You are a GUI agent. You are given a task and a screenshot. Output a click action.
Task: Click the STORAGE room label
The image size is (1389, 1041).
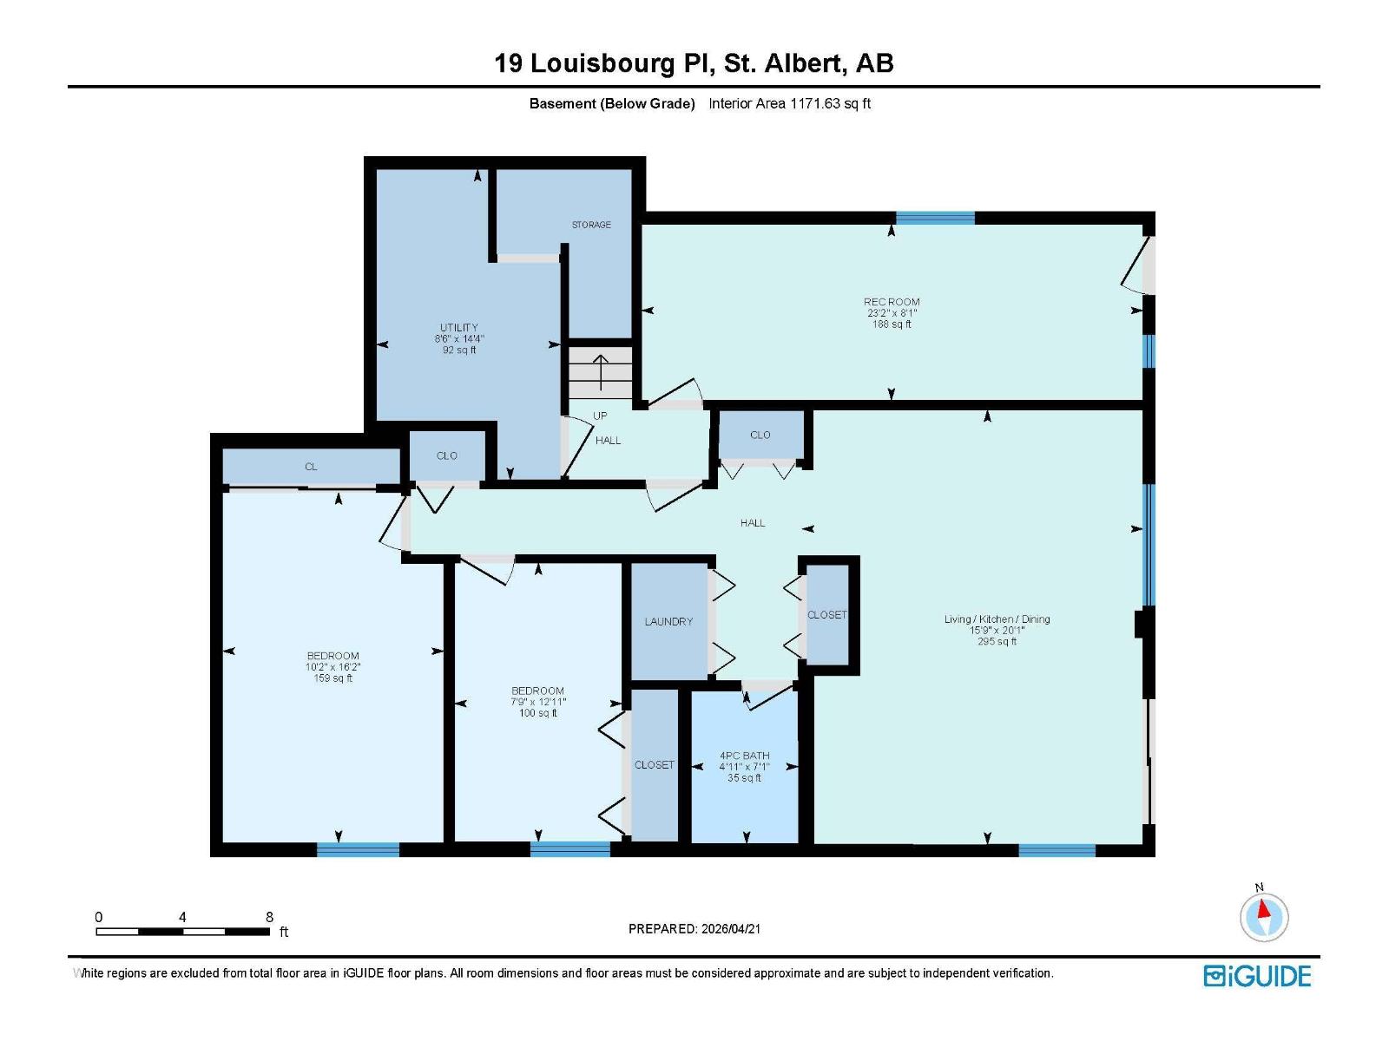[591, 225]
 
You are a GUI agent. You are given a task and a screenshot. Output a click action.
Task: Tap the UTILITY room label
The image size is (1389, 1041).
[458, 327]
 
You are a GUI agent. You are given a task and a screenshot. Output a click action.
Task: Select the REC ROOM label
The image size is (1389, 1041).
[891, 302]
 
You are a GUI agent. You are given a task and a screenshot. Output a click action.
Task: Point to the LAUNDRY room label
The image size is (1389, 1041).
[668, 621]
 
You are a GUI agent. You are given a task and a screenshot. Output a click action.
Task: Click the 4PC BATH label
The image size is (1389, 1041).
[744, 756]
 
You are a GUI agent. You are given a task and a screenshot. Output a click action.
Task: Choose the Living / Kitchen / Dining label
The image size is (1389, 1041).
[997, 619]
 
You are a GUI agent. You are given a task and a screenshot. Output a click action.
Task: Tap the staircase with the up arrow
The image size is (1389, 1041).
[600, 372]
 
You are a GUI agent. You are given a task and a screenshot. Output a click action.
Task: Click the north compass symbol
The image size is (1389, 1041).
[1264, 916]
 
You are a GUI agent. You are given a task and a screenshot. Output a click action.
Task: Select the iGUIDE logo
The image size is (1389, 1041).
[1257, 976]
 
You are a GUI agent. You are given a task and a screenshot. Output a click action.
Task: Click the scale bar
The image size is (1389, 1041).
[183, 931]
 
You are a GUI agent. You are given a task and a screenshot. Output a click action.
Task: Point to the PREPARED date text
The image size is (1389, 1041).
[694, 928]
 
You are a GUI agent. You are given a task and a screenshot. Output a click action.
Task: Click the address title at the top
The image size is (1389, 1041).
[694, 63]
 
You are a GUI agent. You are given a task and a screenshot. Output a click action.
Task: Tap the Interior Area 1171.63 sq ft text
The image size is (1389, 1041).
[789, 103]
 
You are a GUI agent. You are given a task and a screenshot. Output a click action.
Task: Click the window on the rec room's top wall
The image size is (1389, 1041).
[935, 218]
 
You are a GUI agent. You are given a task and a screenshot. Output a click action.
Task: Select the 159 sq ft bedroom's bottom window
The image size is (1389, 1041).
[358, 849]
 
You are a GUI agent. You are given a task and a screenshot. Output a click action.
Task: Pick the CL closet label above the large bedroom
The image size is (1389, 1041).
[311, 467]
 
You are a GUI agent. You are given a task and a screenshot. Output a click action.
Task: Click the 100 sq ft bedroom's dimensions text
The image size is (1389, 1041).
[538, 702]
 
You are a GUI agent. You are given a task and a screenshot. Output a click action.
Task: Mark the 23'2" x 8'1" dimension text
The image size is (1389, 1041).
[891, 313]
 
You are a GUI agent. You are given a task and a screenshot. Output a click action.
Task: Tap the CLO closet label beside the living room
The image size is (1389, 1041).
[760, 435]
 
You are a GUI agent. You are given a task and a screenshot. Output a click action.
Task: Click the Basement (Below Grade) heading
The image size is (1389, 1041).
[612, 103]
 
